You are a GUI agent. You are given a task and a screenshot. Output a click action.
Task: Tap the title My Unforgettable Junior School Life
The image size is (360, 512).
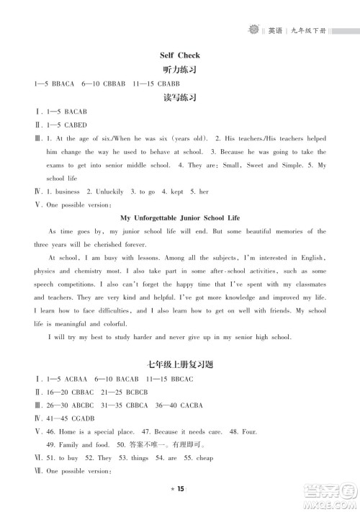tap(180, 217)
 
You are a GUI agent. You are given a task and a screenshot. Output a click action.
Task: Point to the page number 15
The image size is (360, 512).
tap(181, 490)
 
